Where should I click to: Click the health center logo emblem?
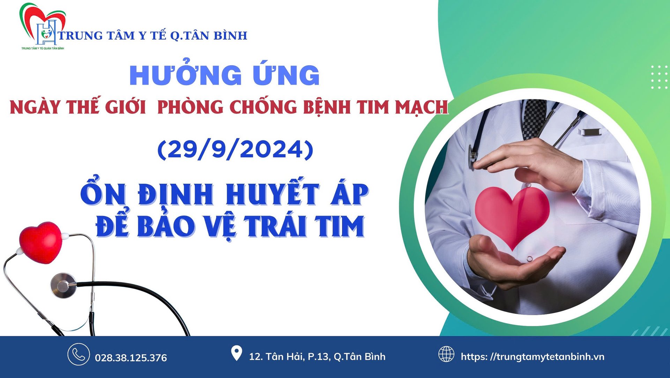click(x=43, y=26)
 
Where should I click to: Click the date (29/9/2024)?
click(x=236, y=149)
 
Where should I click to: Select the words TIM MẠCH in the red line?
click(x=402, y=107)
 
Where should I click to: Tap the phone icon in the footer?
click(x=79, y=354)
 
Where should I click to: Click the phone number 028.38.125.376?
click(x=131, y=358)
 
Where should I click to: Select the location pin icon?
click(x=237, y=353)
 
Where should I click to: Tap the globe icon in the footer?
click(x=446, y=354)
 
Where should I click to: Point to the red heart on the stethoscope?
click(x=41, y=242)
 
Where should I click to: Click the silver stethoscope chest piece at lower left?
click(x=64, y=285)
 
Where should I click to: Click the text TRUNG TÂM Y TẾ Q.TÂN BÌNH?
click(x=153, y=35)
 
